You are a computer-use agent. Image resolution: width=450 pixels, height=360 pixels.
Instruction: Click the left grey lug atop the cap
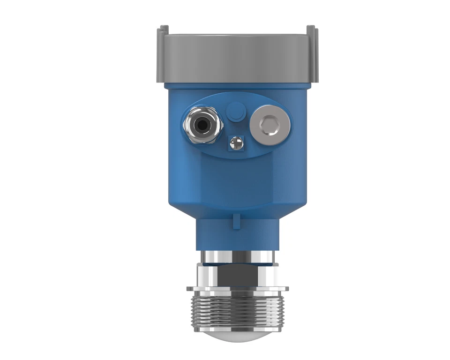click(162, 31)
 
